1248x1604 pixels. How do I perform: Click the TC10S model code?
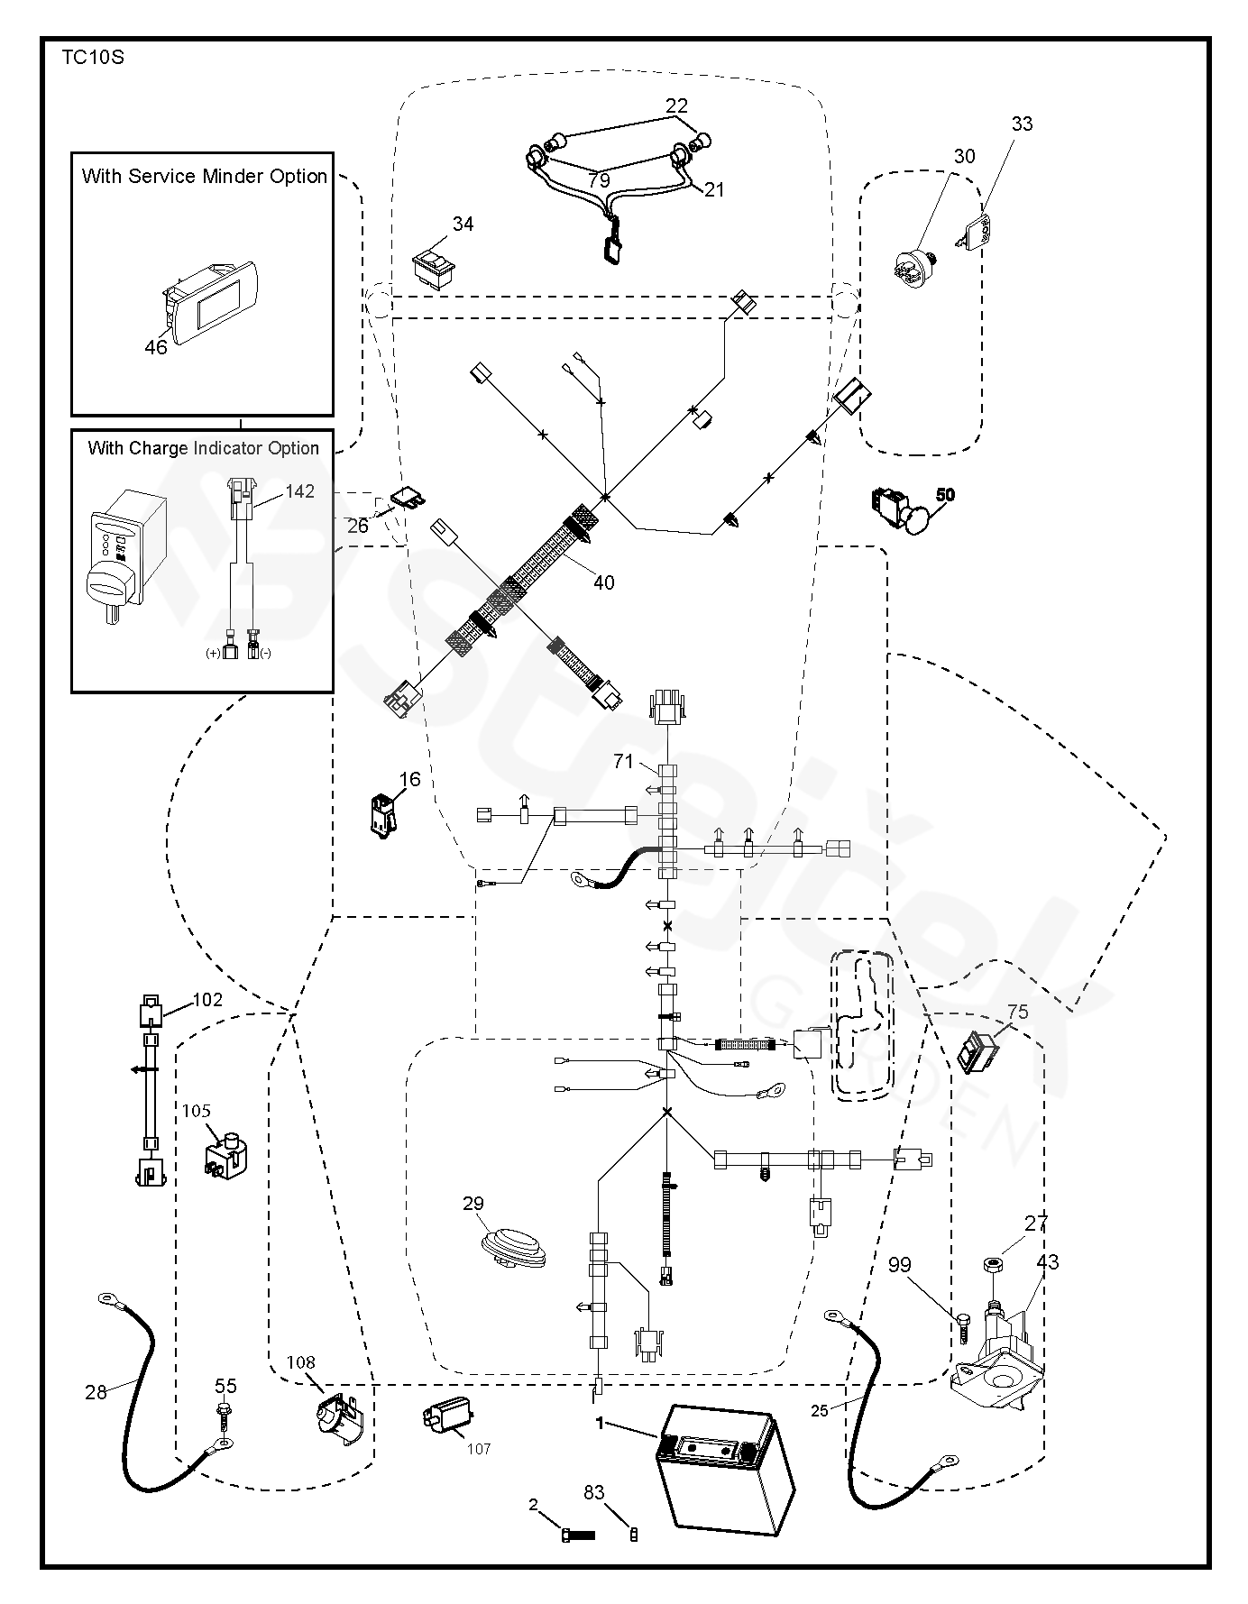pos(92,59)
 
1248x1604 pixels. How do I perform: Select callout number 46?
pos(156,347)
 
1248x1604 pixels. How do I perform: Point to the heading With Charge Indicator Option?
pos(203,448)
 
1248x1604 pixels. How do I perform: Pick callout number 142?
pos(299,491)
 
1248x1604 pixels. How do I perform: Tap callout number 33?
pos(1022,124)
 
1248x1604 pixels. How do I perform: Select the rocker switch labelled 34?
pos(434,267)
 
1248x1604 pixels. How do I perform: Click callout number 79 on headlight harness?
pos(599,180)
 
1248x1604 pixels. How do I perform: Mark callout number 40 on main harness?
pos(603,582)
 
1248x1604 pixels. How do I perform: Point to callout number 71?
pos(623,761)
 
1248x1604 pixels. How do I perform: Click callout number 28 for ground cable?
pos(96,1392)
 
